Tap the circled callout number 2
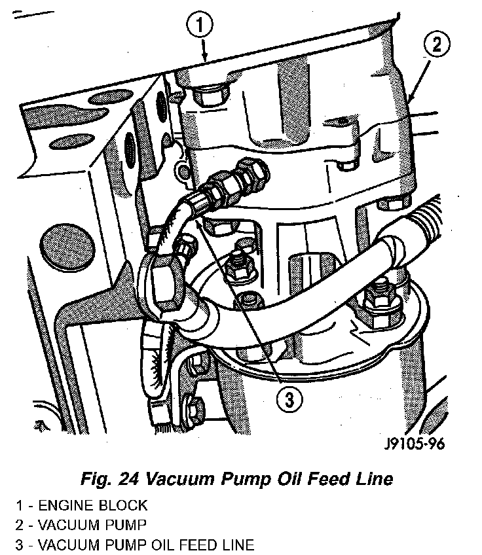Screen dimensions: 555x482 click(x=437, y=45)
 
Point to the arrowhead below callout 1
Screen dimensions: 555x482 click(x=205, y=58)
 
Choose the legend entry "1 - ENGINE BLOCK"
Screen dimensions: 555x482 click(x=83, y=505)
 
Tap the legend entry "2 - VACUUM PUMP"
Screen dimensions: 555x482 click(x=82, y=525)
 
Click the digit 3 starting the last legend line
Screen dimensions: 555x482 click(x=20, y=545)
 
